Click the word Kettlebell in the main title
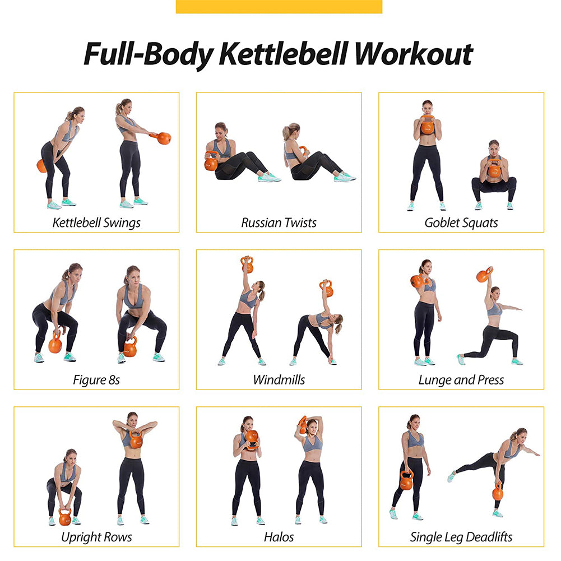tap(284, 54)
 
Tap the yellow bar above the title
tap(279, 6)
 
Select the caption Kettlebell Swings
tap(96, 222)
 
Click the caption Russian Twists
tap(279, 222)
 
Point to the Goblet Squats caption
tap(461, 222)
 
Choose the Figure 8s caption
tap(96, 379)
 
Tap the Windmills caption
tap(279, 379)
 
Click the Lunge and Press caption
tap(461, 379)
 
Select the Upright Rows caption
tap(96, 537)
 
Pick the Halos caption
tap(279, 537)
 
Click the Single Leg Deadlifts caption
tap(461, 537)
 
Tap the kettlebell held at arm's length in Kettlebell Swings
tap(163, 138)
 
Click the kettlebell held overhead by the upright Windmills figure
tap(247, 265)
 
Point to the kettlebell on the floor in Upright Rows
tap(65, 517)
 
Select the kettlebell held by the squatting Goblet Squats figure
tap(494, 169)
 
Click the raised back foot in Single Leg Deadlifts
tap(451, 476)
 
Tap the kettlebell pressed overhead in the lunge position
tap(484, 275)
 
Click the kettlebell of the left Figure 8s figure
tap(55, 344)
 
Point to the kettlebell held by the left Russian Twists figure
tap(211, 163)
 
